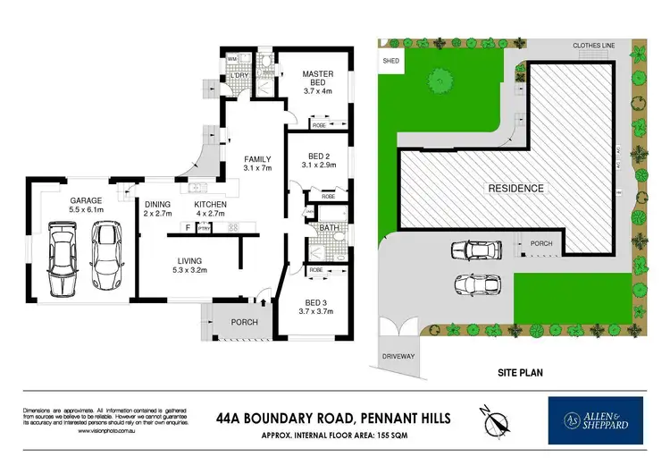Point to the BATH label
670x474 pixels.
[328, 228]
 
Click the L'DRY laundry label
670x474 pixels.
[239, 75]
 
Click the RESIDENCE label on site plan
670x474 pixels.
[515, 189]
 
